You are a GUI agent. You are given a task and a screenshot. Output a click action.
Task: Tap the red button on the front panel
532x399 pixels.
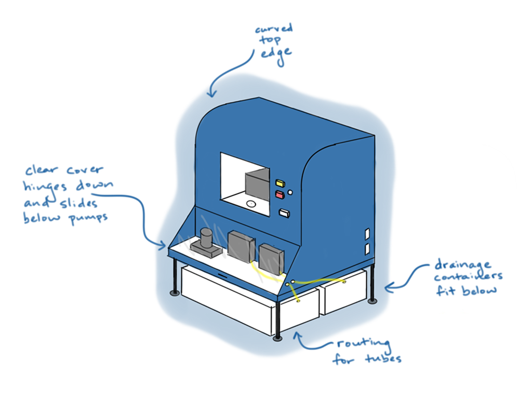[x=280, y=195]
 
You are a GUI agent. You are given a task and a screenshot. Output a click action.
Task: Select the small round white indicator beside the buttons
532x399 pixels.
[x=290, y=192]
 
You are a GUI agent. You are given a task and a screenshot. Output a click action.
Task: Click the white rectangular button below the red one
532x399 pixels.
[x=284, y=212]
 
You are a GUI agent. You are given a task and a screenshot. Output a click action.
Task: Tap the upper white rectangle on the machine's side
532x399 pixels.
[x=367, y=234]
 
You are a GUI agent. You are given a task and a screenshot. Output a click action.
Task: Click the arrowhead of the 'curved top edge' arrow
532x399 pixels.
[x=211, y=95]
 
